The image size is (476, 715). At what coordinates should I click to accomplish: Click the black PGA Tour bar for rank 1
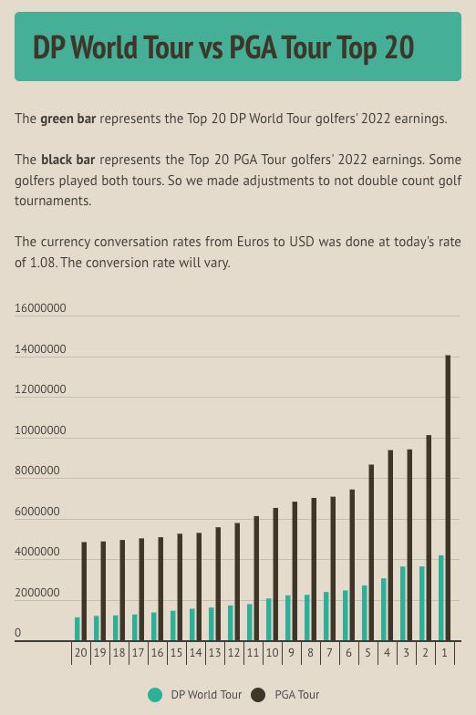coord(448,498)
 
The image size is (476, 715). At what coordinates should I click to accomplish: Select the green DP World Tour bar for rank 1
coord(441,597)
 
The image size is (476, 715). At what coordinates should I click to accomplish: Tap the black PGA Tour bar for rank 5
coord(371,553)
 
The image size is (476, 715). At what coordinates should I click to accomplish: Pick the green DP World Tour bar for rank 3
coord(403,603)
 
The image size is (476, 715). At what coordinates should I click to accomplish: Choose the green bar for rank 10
coord(269,619)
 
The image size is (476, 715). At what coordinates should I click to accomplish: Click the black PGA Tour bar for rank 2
coord(429,538)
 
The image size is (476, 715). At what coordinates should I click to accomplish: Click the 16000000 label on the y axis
coord(40,308)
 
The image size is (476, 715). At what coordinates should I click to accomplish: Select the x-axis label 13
coord(214,653)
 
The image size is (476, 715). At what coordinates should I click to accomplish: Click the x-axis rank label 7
coord(329,653)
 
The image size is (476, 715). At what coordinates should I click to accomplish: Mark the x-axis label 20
coord(80,653)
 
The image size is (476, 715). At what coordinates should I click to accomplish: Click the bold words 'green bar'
coord(68,119)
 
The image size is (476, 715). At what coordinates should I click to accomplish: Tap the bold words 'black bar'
coord(69,160)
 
